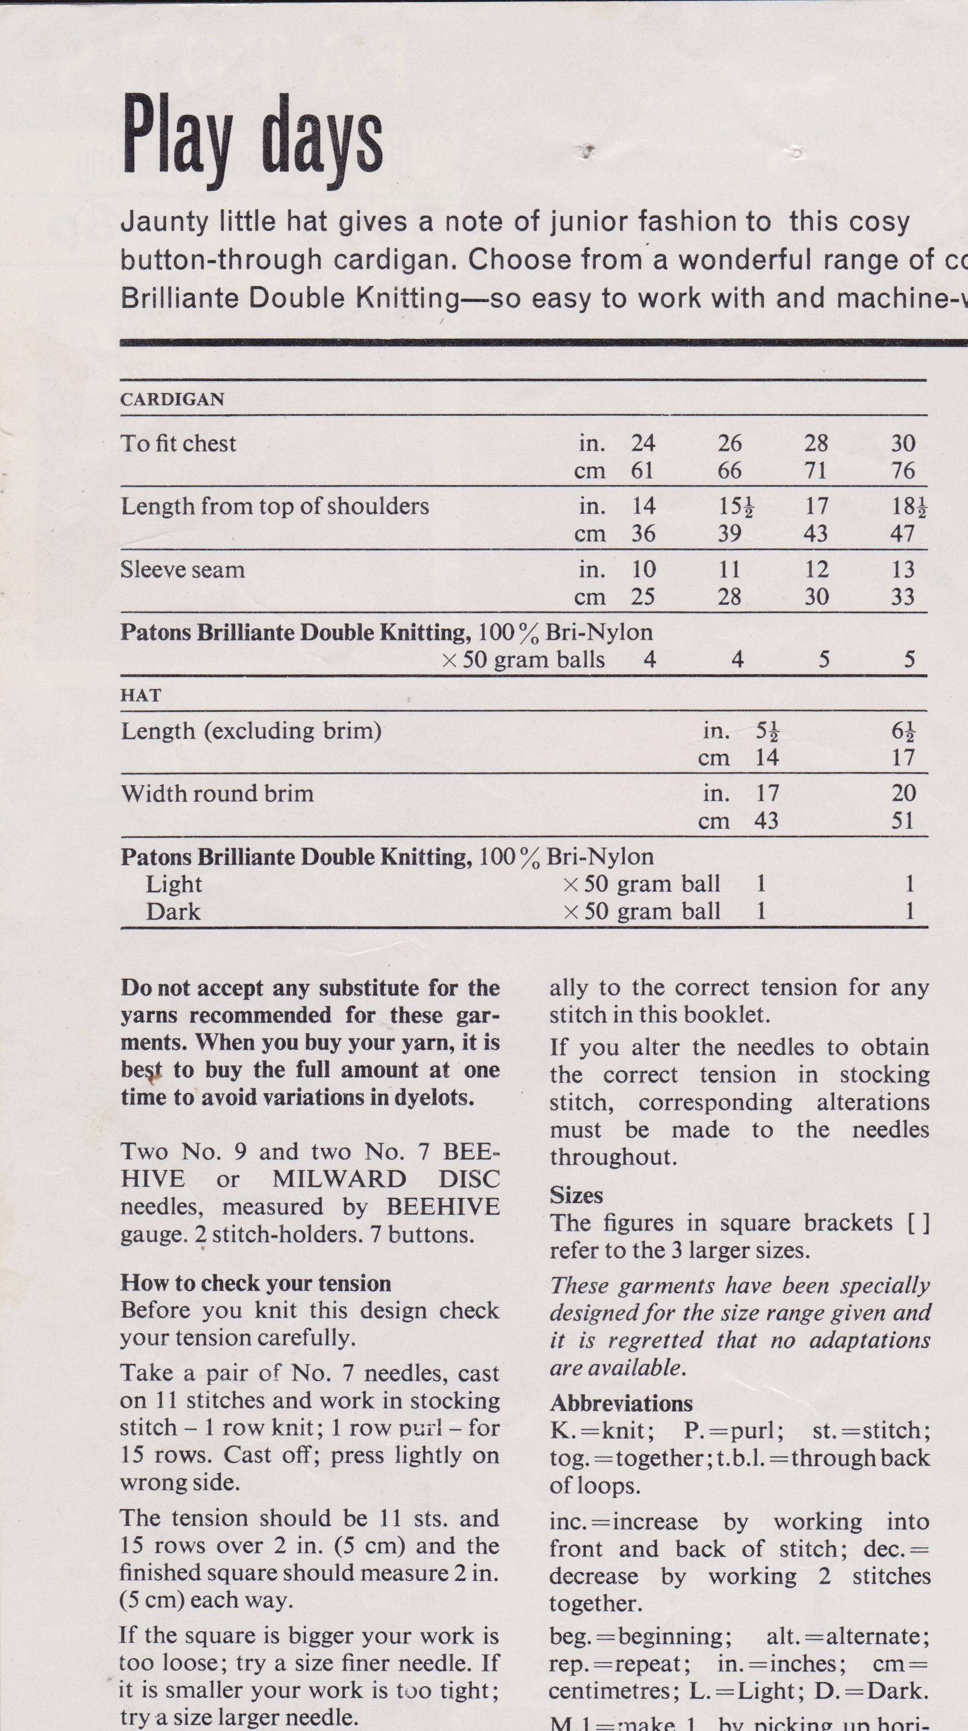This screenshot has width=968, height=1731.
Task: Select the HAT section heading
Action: [x=141, y=695]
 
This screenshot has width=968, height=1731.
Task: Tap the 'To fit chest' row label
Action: [x=178, y=444]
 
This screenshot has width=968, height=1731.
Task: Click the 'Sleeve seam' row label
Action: [x=182, y=570]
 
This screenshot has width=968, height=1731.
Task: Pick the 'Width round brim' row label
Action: [x=217, y=793]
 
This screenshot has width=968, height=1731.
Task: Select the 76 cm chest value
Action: [x=903, y=470]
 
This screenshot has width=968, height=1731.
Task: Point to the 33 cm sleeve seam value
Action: [x=903, y=596]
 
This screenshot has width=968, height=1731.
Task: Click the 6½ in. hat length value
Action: [x=903, y=731]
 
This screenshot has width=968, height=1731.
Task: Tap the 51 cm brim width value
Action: [x=903, y=821]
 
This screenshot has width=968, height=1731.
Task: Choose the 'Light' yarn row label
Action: [x=173, y=885]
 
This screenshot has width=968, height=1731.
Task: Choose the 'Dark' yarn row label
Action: [x=173, y=912]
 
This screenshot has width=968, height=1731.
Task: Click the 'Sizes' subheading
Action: [x=576, y=1195]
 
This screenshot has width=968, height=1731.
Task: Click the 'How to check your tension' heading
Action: [x=255, y=1283]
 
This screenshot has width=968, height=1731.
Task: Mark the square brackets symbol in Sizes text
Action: [x=918, y=1223]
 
